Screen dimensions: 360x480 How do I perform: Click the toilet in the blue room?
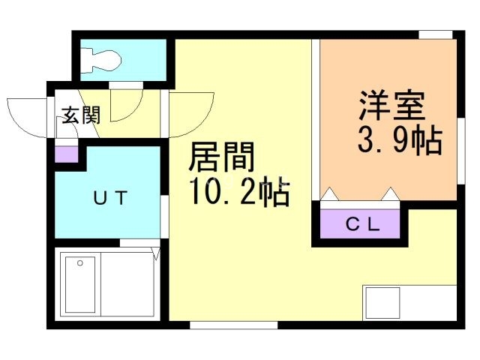tap(101, 59)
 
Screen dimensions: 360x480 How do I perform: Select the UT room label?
tap(111, 199)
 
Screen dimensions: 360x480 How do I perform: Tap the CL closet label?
tap(363, 223)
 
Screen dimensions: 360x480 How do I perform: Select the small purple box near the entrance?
tap(66, 154)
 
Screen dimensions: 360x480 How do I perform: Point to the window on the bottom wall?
tap(233, 325)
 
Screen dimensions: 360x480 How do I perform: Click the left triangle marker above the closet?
tap(330, 195)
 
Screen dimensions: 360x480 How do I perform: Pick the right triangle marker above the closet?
tap(390, 195)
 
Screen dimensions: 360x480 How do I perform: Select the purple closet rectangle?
tap(363, 223)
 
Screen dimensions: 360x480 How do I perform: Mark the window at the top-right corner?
tap(436, 34)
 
